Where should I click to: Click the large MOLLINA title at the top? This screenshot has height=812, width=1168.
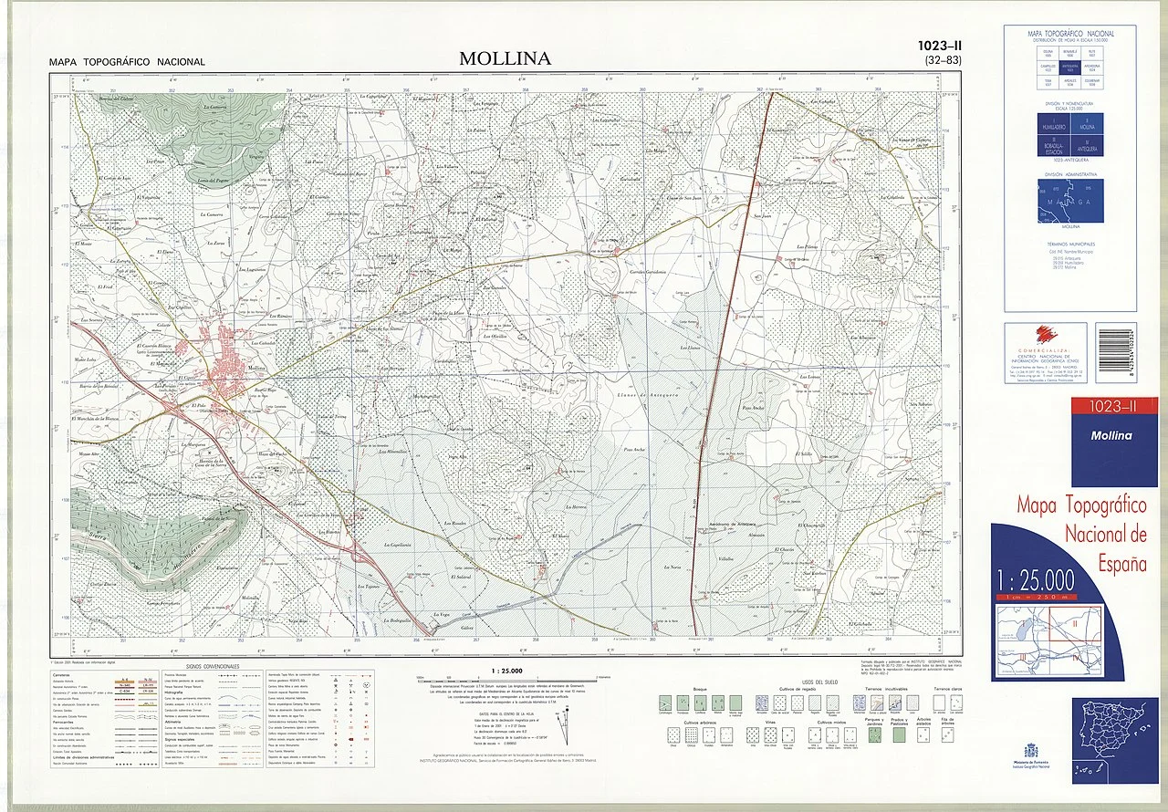pyautogui.click(x=505, y=58)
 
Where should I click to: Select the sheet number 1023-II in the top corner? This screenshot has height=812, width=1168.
pyautogui.click(x=941, y=46)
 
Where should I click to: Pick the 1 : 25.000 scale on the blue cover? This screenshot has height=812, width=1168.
pyautogui.click(x=1037, y=579)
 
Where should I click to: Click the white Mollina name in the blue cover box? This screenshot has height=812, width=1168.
pyautogui.click(x=1111, y=435)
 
